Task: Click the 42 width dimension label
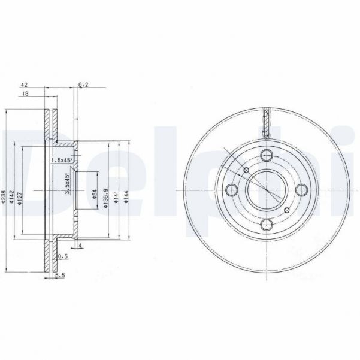coord(25,85)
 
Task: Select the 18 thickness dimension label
coord(25,94)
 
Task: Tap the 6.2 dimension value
coord(83,85)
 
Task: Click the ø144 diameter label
coord(126,196)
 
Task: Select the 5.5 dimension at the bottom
coord(59,276)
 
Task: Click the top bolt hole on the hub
coord(267,154)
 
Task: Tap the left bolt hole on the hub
coord(231,190)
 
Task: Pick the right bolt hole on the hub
coord(303,190)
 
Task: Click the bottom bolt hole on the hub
coord(267,226)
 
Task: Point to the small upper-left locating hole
coord(246,170)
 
